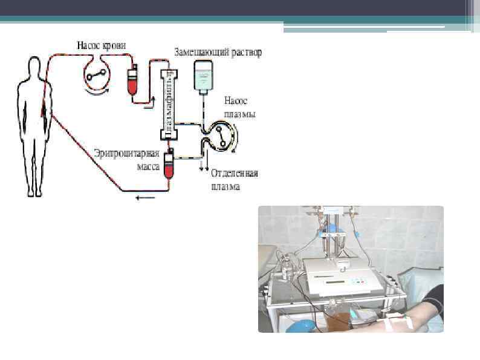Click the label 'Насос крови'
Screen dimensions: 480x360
105,45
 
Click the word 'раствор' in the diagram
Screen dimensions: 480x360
247,52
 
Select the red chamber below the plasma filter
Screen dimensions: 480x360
170,165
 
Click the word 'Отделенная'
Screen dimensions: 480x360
235,174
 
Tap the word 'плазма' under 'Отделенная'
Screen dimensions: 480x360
225,186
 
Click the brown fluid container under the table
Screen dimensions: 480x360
345,318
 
